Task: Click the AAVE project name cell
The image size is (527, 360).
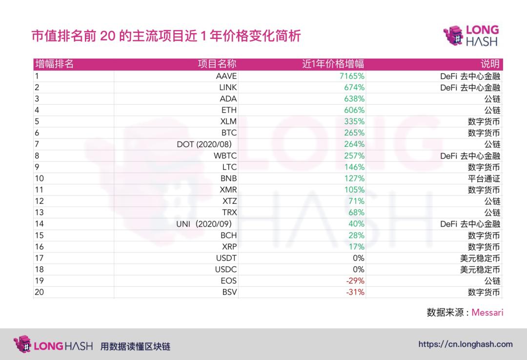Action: (x=226, y=76)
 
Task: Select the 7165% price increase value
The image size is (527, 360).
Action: (x=352, y=76)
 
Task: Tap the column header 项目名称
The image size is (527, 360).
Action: (x=217, y=64)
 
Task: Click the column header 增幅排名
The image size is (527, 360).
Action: (x=54, y=64)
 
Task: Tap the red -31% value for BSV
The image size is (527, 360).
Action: (x=355, y=293)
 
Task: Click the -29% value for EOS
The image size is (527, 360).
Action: (x=355, y=281)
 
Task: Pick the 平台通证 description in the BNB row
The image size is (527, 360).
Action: (x=484, y=179)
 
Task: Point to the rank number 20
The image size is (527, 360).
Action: (x=39, y=293)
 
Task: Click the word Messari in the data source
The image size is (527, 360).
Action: (x=487, y=312)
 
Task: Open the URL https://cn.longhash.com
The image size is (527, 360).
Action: (x=466, y=344)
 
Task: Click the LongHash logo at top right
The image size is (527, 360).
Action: (x=471, y=36)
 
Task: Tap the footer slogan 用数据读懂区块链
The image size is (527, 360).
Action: (x=135, y=347)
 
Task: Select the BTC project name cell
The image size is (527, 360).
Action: (x=228, y=133)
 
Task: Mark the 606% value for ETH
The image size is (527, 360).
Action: (x=354, y=110)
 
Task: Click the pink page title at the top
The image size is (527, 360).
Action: (x=166, y=37)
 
